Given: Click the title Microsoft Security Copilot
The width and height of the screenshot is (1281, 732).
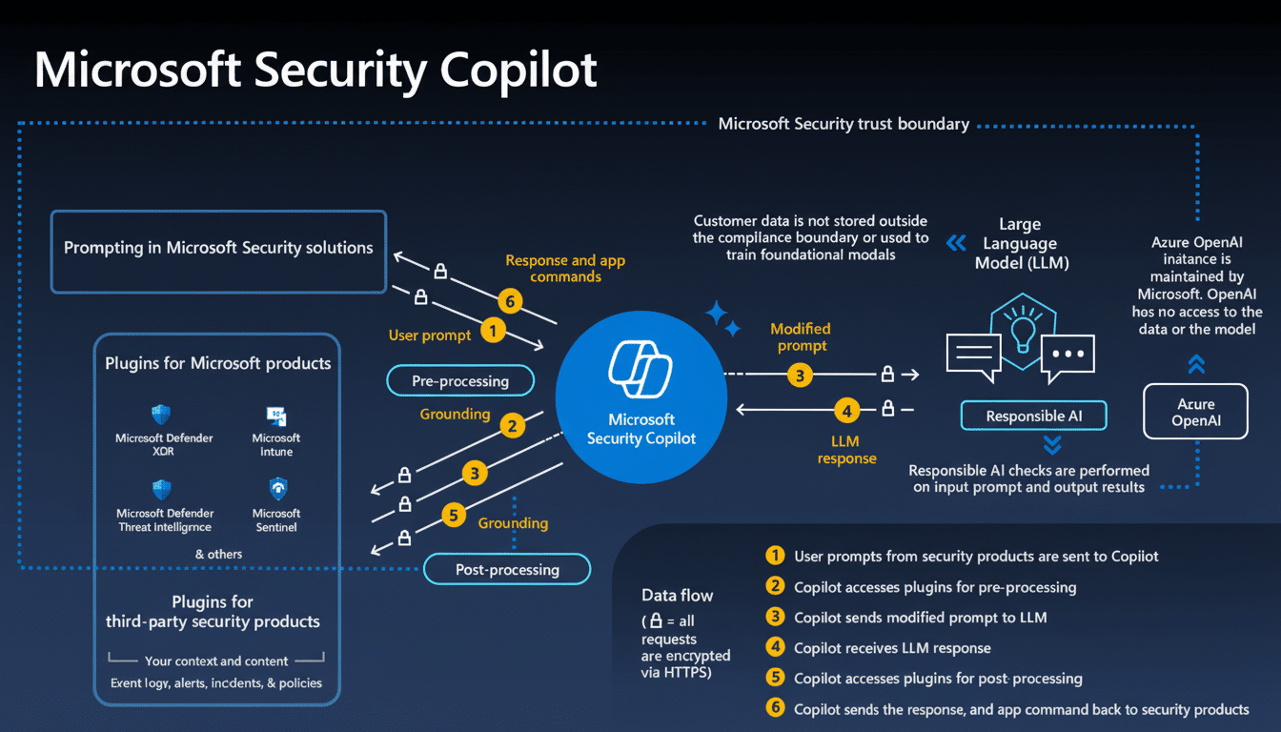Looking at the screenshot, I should coord(315,71).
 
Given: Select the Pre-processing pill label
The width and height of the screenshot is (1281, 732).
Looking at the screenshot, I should coord(460,381).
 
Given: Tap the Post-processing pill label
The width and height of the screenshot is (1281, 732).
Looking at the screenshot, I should coord(507,570).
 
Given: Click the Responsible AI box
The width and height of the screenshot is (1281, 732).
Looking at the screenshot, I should coord(1033,416).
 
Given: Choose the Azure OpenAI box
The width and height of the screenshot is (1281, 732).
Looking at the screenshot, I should coord(1195,412).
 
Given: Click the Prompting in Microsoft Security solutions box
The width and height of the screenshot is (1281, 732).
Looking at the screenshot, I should coord(218,248).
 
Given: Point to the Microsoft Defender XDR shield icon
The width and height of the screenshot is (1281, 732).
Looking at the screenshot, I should coord(161,415).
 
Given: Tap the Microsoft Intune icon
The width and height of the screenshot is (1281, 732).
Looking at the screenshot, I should coord(276,416).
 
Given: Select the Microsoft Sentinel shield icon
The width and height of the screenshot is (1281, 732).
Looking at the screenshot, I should coord(276,489).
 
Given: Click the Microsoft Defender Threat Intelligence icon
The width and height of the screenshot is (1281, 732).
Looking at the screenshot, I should coord(161,490).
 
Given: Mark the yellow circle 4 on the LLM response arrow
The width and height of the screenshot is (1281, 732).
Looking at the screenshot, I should coord(845,411).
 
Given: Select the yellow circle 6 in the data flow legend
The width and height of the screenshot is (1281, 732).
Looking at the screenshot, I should coord(776,708).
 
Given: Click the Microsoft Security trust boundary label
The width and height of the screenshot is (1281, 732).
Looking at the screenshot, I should coord(844,124).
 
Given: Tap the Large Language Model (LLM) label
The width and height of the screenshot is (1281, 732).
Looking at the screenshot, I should coord(1020,243).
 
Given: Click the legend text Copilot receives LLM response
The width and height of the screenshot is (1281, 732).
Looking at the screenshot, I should coord(892,648).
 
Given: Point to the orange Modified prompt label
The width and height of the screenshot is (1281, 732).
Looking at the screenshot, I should coord(801,337).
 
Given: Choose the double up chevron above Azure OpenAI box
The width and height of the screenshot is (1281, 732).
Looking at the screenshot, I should coord(1196,363).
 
